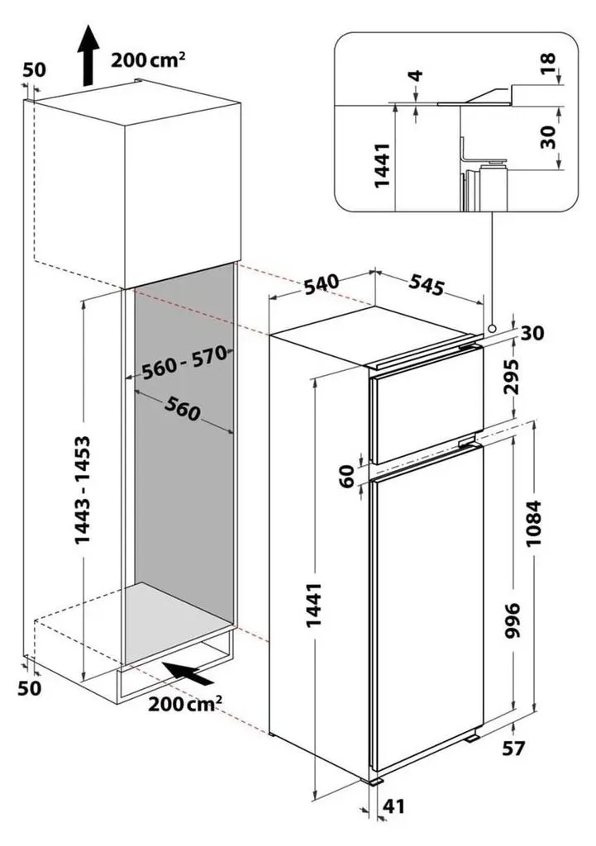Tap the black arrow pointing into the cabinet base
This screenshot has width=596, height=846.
click(x=188, y=673)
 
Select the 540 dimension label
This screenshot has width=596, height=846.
click(x=322, y=284)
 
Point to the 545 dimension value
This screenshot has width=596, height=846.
click(x=426, y=285)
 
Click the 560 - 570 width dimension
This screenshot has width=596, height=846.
click(x=184, y=362)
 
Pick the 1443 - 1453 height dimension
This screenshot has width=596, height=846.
click(x=83, y=489)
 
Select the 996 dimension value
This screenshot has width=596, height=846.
click(x=513, y=621)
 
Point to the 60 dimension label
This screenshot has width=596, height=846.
click(x=348, y=476)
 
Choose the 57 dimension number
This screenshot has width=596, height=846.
click(x=513, y=749)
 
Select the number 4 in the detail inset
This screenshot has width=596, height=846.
click(x=417, y=75)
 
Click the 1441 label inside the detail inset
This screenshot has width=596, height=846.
click(x=382, y=165)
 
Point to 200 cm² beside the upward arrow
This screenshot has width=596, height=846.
click(x=148, y=59)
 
